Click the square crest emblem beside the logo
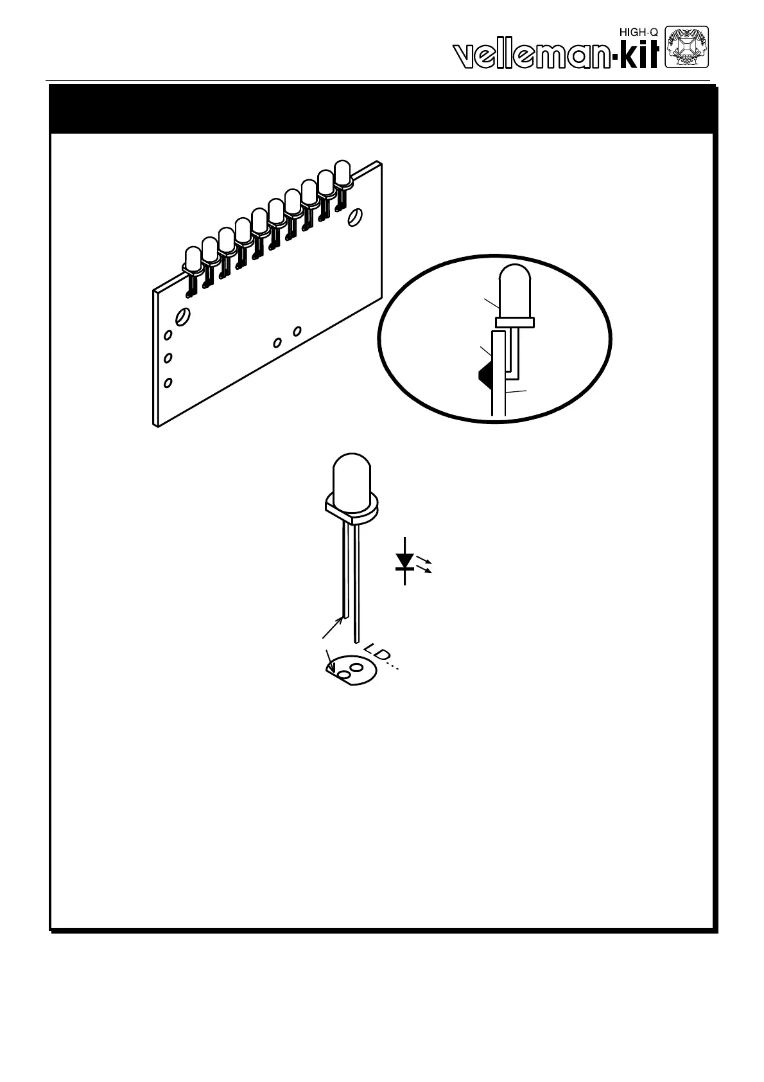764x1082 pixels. [x=686, y=46]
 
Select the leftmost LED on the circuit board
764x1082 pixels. [x=192, y=258]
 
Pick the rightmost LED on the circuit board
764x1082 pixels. [x=342, y=173]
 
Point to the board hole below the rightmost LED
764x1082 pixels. [x=353, y=219]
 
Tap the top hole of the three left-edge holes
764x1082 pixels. [x=168, y=335]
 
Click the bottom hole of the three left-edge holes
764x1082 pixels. [x=168, y=382]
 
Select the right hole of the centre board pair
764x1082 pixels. [x=297, y=331]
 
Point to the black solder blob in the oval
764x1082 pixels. [x=483, y=375]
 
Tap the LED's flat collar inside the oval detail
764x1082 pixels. [x=515, y=321]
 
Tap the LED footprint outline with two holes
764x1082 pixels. [x=350, y=671]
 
